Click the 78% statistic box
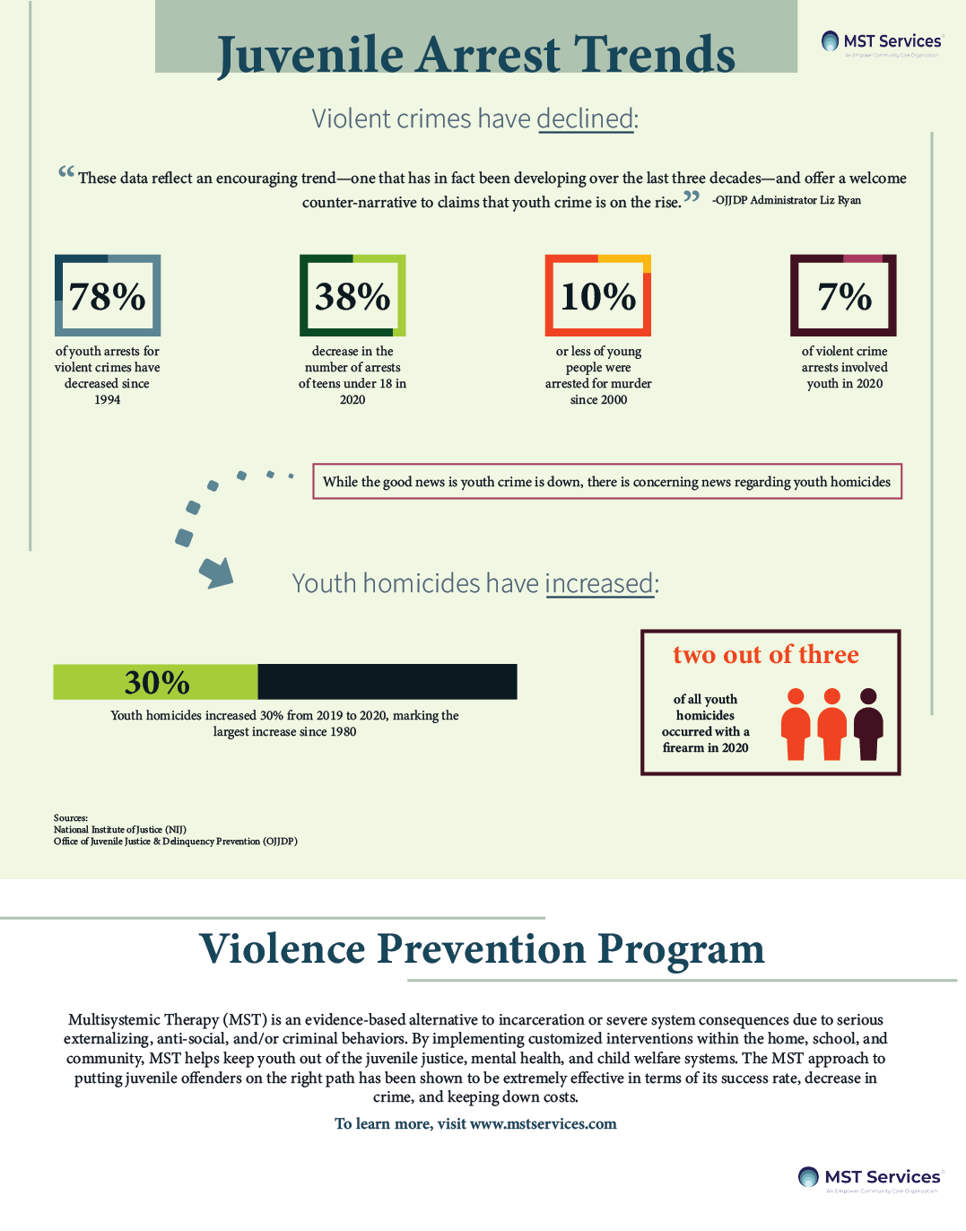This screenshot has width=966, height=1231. [108, 296]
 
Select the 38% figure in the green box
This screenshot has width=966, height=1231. [352, 296]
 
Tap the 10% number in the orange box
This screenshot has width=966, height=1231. [598, 296]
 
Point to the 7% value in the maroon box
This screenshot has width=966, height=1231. [844, 296]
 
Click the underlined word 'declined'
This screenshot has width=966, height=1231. [586, 118]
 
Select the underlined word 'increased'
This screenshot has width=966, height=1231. [599, 583]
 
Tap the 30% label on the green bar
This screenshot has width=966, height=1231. [157, 683]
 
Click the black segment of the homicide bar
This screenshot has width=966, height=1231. [387, 682]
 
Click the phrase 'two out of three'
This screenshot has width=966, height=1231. [766, 655]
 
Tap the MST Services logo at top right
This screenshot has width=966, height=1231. [883, 42]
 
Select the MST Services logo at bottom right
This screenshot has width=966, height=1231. [870, 1178]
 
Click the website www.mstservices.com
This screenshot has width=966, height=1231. [544, 1124]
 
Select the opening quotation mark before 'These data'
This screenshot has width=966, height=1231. [66, 171]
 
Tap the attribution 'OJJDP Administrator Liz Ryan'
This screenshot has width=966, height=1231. [787, 200]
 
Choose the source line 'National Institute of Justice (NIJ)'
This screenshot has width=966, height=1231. [120, 830]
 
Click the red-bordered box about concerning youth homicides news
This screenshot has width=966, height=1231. [606, 482]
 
